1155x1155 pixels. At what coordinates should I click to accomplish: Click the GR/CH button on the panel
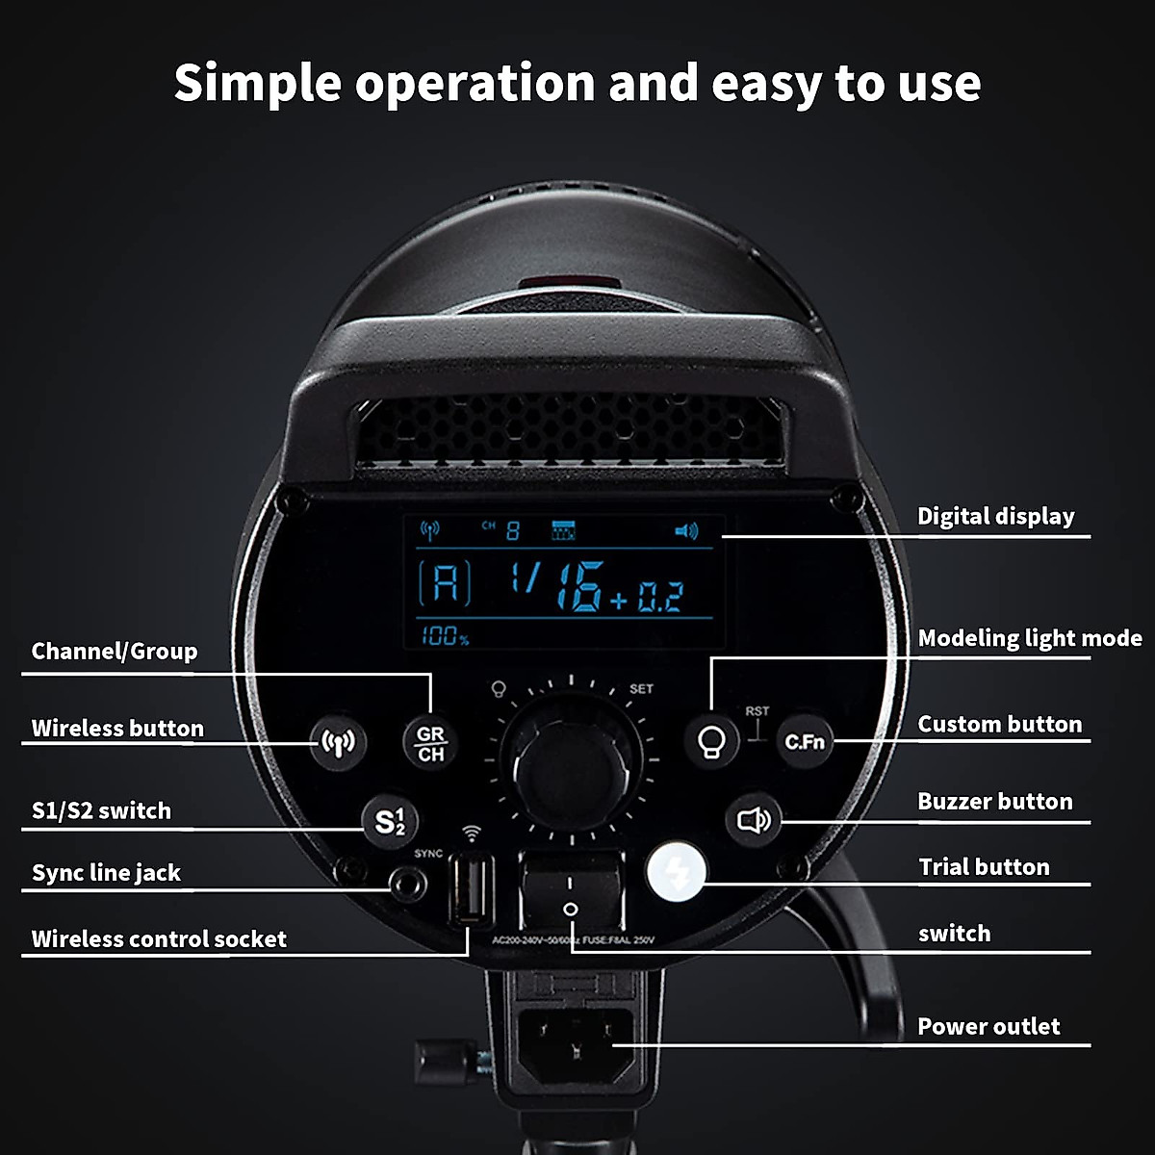coord(430,743)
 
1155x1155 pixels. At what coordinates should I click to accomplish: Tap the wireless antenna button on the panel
coord(338,742)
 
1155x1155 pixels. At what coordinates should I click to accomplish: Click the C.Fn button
coord(805,741)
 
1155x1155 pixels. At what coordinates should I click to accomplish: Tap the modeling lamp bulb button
coord(712,741)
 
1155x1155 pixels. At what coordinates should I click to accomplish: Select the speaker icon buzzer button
coord(754,820)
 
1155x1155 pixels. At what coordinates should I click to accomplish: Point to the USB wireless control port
coord(472,889)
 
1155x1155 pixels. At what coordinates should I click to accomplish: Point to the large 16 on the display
coord(578,586)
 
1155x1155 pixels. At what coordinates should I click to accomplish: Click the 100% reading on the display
coord(444,635)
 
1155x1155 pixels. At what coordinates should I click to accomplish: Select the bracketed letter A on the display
coord(445,582)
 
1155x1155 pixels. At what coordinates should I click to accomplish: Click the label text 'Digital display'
coord(995,517)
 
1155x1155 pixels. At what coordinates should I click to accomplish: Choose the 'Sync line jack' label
coord(106,873)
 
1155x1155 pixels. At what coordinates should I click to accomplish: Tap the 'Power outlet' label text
coord(988,1027)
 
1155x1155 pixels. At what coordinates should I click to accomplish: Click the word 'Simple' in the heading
coord(257,83)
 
